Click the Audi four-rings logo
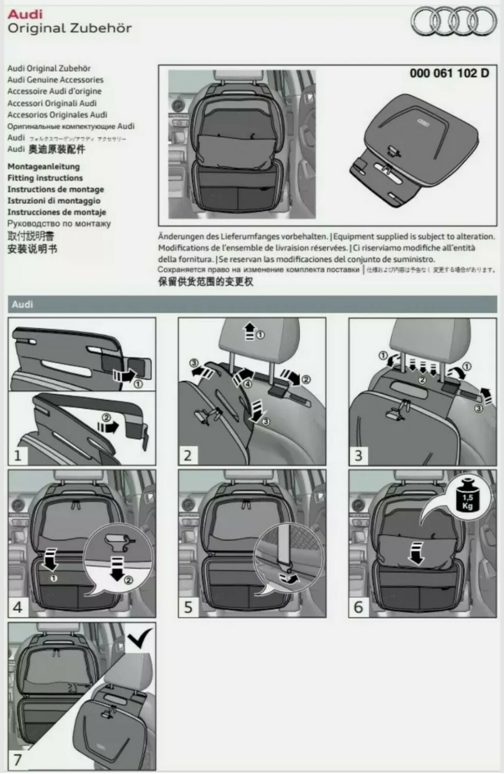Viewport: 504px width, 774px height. click(x=453, y=21)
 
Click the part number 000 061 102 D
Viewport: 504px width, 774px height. click(x=449, y=73)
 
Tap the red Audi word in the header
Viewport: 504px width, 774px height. click(x=25, y=14)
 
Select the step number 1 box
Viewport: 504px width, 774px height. click(x=18, y=455)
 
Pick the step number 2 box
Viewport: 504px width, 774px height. click(x=188, y=455)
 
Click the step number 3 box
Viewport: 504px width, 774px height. click(x=358, y=455)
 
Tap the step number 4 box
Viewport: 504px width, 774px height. click(x=18, y=607)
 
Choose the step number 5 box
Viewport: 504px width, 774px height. click(x=188, y=607)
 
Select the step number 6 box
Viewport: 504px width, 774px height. click(x=358, y=607)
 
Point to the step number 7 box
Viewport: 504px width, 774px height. click(x=18, y=759)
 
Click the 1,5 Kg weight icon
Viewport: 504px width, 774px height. click(x=467, y=498)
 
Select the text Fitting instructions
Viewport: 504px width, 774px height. click(x=45, y=178)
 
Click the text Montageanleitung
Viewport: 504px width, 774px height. click(x=44, y=166)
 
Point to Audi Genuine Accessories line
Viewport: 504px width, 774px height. click(x=55, y=80)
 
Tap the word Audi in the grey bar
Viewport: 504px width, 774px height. click(x=22, y=304)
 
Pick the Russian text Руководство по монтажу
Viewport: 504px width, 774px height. click(x=59, y=224)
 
